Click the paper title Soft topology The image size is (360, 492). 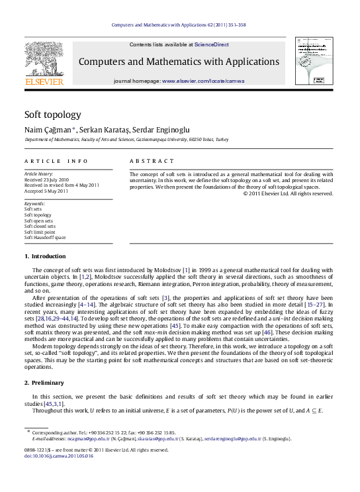click(x=53, y=114)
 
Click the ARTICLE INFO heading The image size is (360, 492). click(x=56, y=161)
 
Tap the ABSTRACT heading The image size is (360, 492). click(x=152, y=161)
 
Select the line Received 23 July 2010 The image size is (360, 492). click(x=46, y=179)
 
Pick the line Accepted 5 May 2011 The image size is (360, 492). click(x=46, y=191)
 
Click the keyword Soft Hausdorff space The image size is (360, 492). click(x=45, y=237)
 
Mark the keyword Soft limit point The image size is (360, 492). click(x=40, y=232)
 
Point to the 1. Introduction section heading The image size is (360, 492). click(x=45, y=256)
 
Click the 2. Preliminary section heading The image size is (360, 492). click(x=44, y=383)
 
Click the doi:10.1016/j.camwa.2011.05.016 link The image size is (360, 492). click(x=58, y=456)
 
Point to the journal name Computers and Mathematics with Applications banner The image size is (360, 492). click(x=179, y=62)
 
